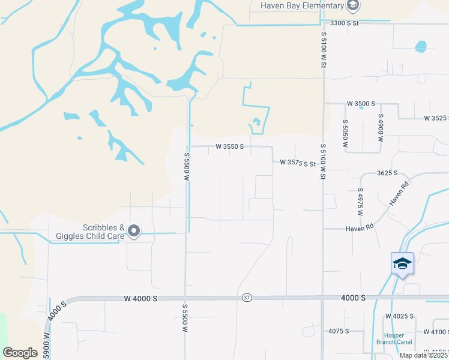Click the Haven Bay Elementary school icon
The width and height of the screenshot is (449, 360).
point(353,6)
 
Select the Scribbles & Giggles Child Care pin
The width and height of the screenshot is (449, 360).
point(134,231)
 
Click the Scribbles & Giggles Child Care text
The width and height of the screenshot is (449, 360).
point(103,232)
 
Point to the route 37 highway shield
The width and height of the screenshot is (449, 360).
point(247,298)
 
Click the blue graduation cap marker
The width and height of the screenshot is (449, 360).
point(402,264)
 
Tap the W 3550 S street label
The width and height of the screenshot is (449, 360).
point(230,146)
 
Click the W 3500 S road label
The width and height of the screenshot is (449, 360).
point(361,104)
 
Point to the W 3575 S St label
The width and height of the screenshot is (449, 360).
point(298,163)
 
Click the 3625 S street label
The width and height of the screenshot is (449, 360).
point(388,173)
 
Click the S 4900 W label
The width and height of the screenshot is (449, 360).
point(380,127)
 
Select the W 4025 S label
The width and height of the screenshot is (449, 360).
point(400,316)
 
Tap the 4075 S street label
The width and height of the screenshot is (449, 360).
point(339,331)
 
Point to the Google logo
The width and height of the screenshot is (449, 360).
point(20,353)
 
